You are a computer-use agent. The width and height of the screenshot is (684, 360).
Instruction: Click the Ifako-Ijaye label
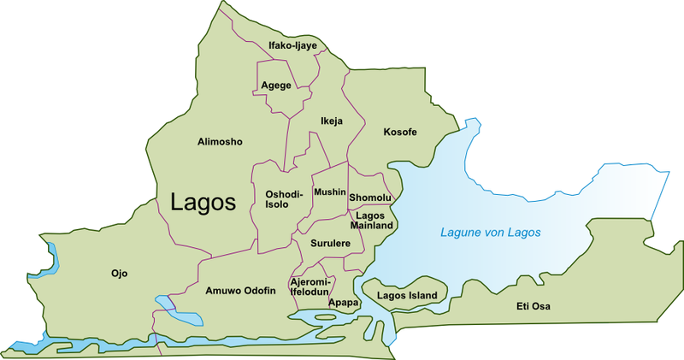click(x=292, y=44)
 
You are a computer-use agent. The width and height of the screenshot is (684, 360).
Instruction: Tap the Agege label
click(x=275, y=85)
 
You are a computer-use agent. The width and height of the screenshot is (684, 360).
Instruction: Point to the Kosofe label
click(x=400, y=132)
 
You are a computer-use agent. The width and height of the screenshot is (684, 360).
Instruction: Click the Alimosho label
click(x=221, y=141)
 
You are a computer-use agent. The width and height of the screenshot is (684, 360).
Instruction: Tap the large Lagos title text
click(x=203, y=203)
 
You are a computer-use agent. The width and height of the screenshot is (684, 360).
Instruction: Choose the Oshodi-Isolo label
click(x=284, y=199)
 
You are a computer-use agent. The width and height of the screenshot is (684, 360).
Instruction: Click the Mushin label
click(x=330, y=192)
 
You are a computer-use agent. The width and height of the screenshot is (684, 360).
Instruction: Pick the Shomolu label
click(x=369, y=198)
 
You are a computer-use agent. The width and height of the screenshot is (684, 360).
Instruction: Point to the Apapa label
click(x=343, y=302)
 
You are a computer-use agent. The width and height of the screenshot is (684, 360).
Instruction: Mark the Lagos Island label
click(x=407, y=296)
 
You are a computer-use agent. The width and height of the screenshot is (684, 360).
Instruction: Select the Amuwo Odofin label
click(x=240, y=291)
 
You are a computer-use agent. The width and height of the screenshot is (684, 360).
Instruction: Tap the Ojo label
click(x=119, y=274)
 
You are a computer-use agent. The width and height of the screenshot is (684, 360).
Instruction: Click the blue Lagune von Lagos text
click(x=491, y=232)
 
